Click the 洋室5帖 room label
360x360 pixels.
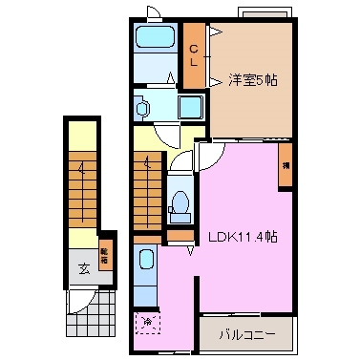(253, 80)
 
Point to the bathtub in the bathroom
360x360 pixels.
(153, 40)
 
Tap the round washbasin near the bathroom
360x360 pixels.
(143, 110)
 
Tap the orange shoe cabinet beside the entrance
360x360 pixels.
(106, 257)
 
